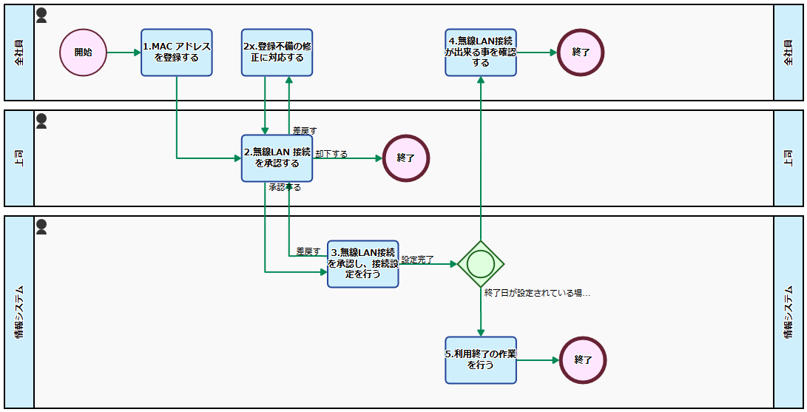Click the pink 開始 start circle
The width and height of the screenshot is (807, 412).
pyautogui.click(x=84, y=53)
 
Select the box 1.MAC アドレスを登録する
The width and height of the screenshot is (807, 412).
pyautogui.click(x=177, y=53)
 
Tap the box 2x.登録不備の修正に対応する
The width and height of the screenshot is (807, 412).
pyautogui.click(x=277, y=53)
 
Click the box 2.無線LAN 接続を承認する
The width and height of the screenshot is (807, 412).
pyautogui.click(x=277, y=158)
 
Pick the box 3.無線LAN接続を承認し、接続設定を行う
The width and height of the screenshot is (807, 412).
pyautogui.click(x=363, y=263)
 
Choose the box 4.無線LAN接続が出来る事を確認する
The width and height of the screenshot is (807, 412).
pyautogui.click(x=481, y=53)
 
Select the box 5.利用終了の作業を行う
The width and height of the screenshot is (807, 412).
pyautogui.click(x=481, y=360)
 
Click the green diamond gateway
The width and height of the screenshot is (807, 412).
pyautogui.click(x=481, y=263)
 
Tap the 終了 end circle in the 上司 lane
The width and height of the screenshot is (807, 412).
pyautogui.click(x=406, y=158)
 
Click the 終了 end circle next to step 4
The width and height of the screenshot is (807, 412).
pyautogui.click(x=581, y=53)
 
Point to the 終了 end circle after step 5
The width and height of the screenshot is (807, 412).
pyautogui.click(x=583, y=360)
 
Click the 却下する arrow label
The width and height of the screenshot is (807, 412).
pyautogui.click(x=331, y=154)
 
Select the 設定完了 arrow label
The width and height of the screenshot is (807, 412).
pyautogui.click(x=417, y=260)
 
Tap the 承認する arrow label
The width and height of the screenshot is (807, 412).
pyautogui.click(x=284, y=187)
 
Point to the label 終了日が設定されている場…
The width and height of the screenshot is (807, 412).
pyautogui.click(x=537, y=293)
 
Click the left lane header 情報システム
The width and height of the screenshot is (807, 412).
pyautogui.click(x=19, y=311)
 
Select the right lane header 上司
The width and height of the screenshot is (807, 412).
pyautogui.click(x=789, y=158)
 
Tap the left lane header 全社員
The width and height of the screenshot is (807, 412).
pyautogui.click(x=19, y=53)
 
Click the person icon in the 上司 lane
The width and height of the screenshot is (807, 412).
pyautogui.click(x=41, y=120)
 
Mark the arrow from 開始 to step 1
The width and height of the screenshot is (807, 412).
pyautogui.click(x=124, y=53)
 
